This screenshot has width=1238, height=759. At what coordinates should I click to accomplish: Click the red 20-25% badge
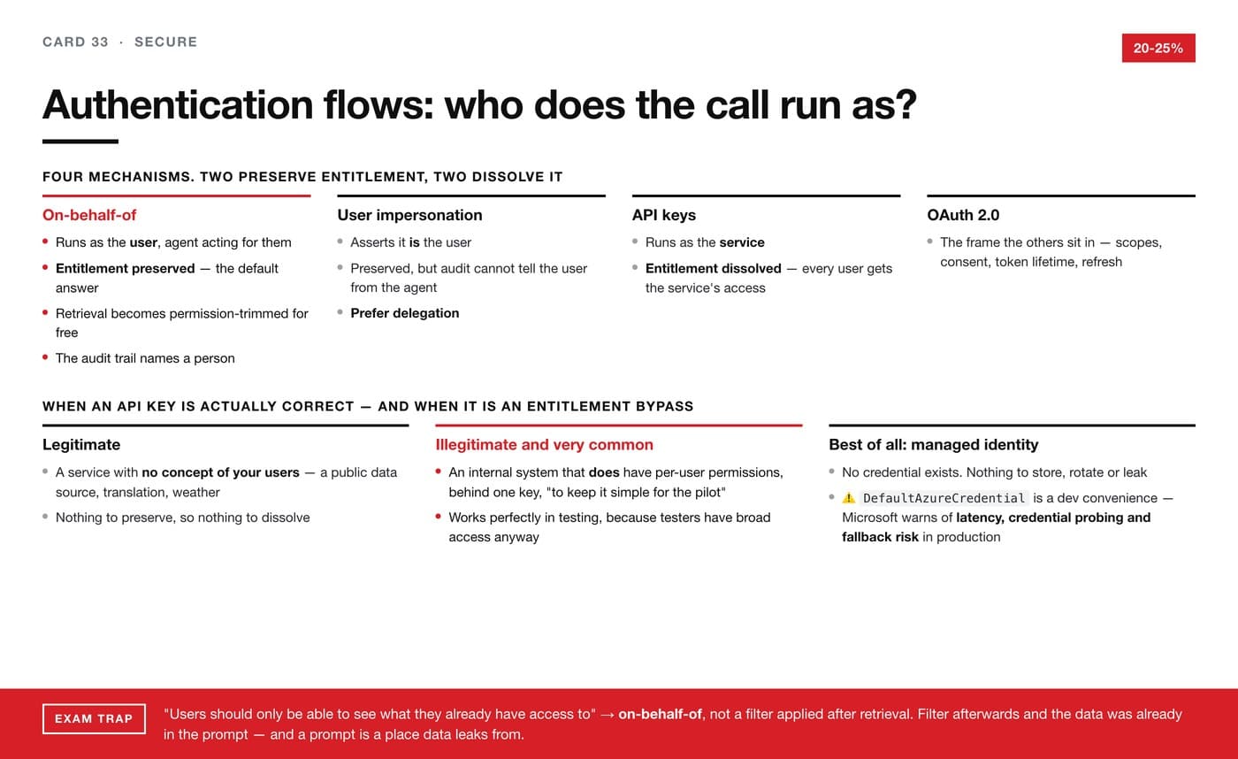[1158, 48]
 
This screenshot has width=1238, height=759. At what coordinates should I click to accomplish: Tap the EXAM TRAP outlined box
[94, 718]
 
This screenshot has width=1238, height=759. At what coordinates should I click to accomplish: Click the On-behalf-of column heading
[89, 215]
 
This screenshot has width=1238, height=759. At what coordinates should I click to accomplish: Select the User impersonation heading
[409, 215]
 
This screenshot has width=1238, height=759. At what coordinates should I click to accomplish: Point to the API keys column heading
[664, 215]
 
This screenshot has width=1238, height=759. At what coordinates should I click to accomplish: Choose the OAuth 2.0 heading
[963, 215]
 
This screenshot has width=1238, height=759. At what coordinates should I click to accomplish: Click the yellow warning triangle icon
[848, 498]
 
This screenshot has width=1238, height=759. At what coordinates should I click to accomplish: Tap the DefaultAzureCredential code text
[944, 498]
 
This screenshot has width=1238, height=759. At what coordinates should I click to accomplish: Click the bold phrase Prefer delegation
[405, 313]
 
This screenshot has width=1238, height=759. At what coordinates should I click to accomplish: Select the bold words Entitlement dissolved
[713, 269]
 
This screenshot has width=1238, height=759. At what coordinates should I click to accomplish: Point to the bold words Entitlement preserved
[125, 269]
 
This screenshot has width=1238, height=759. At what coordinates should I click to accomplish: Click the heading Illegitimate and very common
[545, 445]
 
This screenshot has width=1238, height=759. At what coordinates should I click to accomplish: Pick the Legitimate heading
[81, 445]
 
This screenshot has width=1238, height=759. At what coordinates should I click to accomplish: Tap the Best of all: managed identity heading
[934, 445]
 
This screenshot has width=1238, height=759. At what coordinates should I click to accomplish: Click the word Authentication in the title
[178, 104]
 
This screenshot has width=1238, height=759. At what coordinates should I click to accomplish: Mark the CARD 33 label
[75, 42]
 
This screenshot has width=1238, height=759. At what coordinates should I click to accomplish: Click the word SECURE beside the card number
[166, 42]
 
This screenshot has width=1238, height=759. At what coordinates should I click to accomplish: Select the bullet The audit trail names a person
[145, 358]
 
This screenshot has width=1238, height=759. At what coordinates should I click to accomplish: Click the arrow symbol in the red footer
[607, 715]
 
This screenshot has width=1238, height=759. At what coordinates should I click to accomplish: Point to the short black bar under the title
[80, 142]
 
